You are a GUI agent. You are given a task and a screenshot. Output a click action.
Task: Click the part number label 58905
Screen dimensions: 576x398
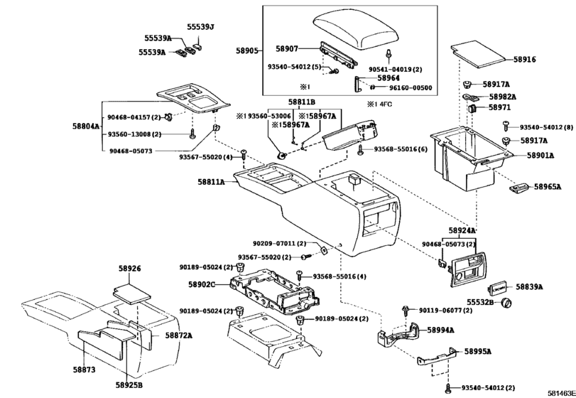pos(248,50)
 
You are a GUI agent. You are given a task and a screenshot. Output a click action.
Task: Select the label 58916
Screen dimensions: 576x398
pos(525,59)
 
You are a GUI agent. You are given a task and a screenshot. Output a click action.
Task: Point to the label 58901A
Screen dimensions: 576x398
pos(540,156)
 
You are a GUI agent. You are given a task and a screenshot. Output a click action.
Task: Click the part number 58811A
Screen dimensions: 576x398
pos(211,181)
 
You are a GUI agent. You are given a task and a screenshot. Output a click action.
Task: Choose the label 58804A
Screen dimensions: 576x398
pos(86,126)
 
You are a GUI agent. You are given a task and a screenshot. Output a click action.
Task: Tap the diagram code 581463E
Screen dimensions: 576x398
pos(562,393)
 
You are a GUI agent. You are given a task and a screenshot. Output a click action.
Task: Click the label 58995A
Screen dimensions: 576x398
pos(477,351)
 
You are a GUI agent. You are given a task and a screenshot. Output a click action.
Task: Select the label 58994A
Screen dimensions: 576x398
pos(440,330)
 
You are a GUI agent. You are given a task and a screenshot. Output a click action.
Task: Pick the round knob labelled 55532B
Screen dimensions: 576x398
pos(507,303)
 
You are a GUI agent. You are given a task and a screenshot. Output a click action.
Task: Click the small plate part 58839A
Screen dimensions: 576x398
pos(498,289)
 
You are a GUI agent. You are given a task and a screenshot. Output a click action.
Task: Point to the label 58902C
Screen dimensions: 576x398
pos(202,284)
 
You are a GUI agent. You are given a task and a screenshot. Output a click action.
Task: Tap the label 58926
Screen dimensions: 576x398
pos(130,269)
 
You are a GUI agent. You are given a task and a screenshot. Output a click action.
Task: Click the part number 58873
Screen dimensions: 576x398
pos(84,370)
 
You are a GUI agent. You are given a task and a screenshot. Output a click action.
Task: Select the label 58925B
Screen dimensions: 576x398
pos(129,384)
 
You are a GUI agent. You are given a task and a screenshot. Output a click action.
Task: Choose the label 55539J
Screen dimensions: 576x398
pos(200,27)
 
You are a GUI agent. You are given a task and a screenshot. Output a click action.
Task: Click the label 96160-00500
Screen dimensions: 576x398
pos(411,88)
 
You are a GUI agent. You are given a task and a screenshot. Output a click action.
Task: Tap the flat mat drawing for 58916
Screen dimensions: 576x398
pos(478,54)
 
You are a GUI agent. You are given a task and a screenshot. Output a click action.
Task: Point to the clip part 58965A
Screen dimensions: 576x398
pos(519,188)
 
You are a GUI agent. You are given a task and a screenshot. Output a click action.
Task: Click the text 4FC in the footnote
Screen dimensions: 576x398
pos(385,104)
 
